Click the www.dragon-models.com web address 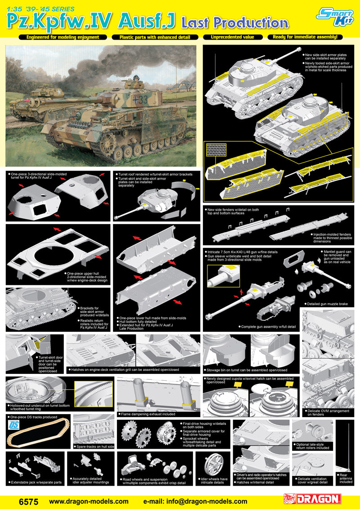[x=89, y=501]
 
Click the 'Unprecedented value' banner [x=232, y=37]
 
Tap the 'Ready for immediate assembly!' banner [x=305, y=37]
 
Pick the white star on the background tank [x=59, y=93]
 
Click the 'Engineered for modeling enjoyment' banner [x=63, y=37]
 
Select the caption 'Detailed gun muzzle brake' [x=326, y=304]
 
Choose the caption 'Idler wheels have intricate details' [x=214, y=481]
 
